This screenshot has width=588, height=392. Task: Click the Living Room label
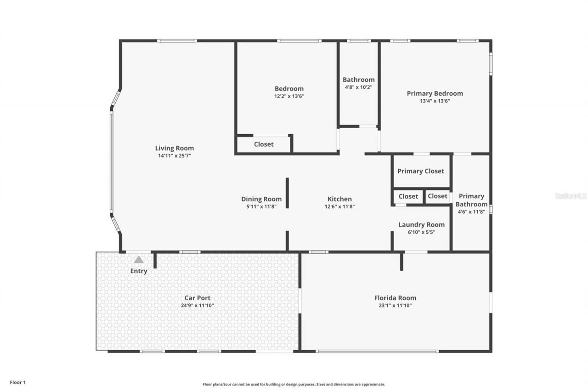[x=174, y=148]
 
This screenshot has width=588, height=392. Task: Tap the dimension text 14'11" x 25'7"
[x=174, y=156]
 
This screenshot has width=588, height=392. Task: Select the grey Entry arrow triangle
[x=139, y=260]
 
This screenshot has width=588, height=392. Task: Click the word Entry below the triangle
[x=139, y=271]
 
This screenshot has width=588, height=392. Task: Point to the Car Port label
[x=198, y=298]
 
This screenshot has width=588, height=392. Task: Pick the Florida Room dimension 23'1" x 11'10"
[x=395, y=305]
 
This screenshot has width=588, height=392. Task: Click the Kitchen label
[x=339, y=199]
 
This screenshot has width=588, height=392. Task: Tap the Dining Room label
[x=261, y=199]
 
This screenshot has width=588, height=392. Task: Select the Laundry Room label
[x=421, y=225]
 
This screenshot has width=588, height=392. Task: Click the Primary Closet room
[x=421, y=171]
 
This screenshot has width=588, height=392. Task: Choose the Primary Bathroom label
[x=471, y=200]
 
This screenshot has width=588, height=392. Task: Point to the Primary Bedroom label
[x=435, y=93]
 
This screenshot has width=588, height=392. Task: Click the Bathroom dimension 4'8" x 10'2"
[x=358, y=87]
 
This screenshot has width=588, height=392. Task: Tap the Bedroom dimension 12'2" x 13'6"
[x=289, y=97]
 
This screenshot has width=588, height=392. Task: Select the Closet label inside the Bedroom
[x=264, y=144]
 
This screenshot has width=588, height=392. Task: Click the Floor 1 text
[x=18, y=382]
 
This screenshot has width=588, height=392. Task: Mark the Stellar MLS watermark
[x=571, y=196]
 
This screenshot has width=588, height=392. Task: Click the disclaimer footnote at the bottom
[x=294, y=384]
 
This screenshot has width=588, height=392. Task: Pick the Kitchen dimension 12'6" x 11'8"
[x=339, y=207]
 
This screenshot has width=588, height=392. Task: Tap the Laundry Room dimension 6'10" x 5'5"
[x=421, y=232]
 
